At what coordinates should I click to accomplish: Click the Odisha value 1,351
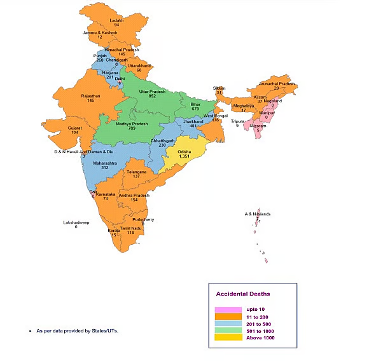coord(184,156)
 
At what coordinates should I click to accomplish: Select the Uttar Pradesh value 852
coord(152,97)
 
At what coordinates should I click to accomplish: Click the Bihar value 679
coord(195,109)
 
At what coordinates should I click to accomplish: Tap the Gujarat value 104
coord(74,132)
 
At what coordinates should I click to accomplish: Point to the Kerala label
coord(113,230)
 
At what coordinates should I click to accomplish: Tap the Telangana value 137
coord(136,176)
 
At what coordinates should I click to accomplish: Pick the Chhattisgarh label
coord(162,140)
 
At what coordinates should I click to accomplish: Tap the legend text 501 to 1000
coord(259,330)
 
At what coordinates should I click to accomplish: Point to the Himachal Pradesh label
coord(122,49)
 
